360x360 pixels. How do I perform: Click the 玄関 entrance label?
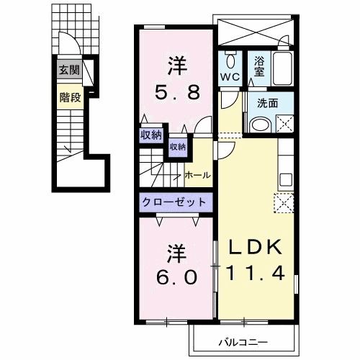69,70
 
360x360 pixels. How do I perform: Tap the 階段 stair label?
70,97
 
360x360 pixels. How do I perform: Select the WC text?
230,77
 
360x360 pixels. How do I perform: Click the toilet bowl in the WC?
230,60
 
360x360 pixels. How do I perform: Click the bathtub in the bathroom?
283,68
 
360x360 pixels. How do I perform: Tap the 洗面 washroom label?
267,103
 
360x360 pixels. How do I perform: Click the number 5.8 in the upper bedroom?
177,93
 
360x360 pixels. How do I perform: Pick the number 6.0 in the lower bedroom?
177,277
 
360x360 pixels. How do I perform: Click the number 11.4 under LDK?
255,273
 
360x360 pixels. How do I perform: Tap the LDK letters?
256,248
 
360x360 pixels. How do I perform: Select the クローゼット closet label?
174,202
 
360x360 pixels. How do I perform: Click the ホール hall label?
197,176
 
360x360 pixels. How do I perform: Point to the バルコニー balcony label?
243,343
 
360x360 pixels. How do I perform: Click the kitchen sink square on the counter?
286,179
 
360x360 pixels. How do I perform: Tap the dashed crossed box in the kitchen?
284,203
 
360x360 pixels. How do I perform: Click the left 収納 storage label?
151,135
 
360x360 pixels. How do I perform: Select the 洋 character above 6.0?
177,253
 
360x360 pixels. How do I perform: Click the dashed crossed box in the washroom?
285,124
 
